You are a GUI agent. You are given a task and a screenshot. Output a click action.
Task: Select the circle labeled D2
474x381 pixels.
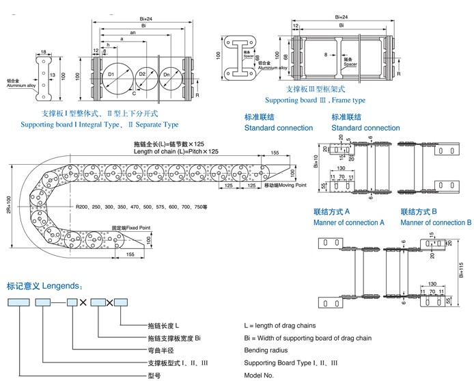143,75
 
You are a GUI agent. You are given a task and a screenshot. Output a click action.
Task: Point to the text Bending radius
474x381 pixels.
266,350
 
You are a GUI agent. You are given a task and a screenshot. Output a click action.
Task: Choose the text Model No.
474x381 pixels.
260,376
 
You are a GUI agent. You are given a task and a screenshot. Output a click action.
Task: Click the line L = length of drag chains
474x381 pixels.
280,325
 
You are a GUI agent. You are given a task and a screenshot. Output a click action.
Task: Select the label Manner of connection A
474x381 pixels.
349,222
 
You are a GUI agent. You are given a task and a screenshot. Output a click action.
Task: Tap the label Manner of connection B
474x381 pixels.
436,222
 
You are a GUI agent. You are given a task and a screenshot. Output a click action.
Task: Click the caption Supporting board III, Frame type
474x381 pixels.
328,100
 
